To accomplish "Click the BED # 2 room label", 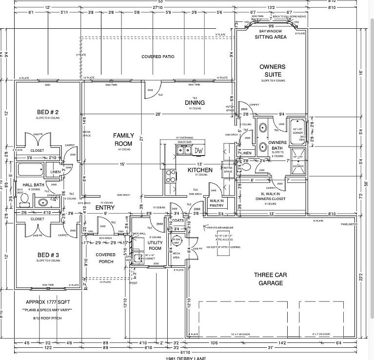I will [47, 112].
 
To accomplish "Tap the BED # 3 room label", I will [47, 255].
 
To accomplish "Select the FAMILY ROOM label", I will [123, 139].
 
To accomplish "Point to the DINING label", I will [195, 102].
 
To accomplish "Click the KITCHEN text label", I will [200, 170].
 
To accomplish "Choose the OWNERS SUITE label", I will [272, 70].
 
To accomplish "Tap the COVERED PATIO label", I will [158, 57].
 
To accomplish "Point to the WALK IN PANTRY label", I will [216, 202].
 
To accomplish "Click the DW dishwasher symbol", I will [198, 150].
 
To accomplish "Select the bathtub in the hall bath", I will [29, 170].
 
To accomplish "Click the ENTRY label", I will [105, 208].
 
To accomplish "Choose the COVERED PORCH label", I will [105, 258].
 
